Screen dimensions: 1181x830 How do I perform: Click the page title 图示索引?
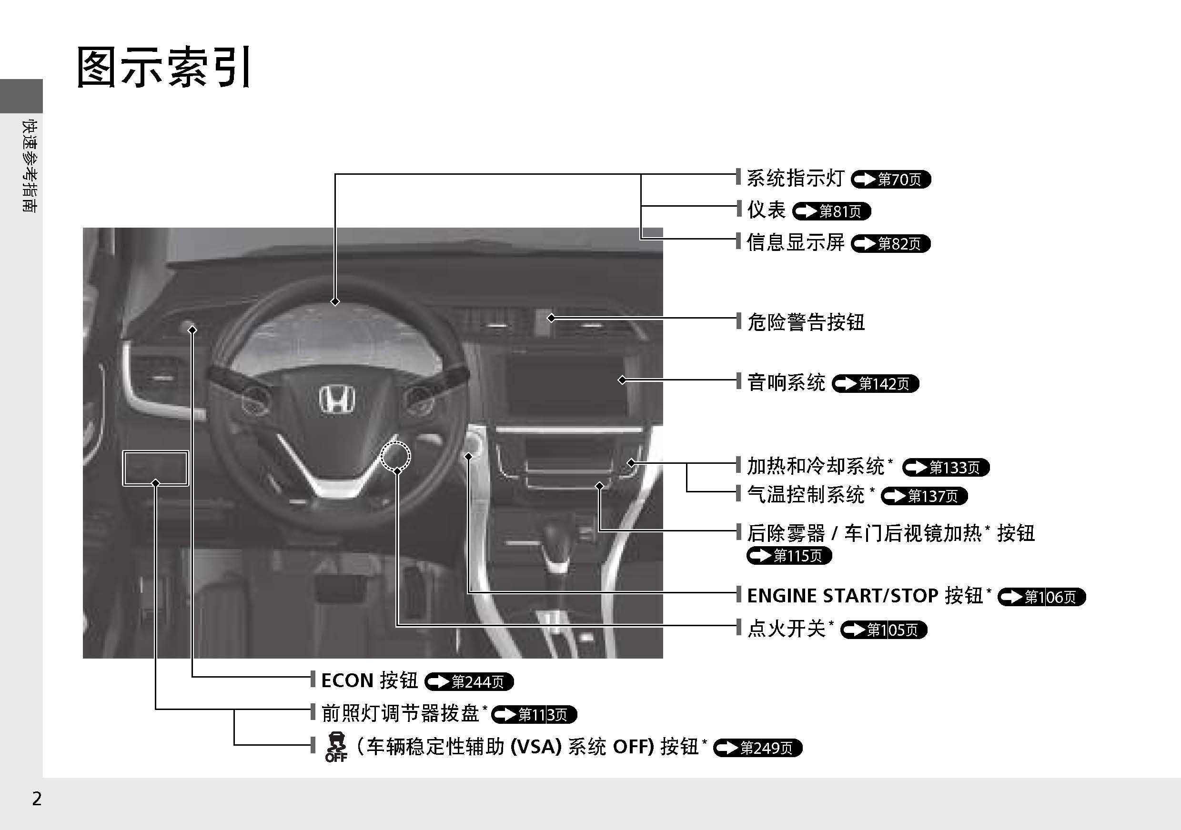pos(164,67)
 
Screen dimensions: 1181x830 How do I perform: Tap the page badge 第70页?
pos(891,179)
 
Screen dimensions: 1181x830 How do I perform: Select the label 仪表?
pos(767,210)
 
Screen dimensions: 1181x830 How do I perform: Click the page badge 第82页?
pos(891,243)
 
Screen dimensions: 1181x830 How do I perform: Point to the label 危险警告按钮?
pos(806,322)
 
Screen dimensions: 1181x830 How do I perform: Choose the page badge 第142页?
pos(875,384)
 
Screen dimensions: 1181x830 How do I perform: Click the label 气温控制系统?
pos(806,495)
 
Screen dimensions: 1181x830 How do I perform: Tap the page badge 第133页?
pos(947,467)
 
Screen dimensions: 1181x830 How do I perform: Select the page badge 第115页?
pos(789,555)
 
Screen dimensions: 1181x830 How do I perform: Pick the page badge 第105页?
pos(884,630)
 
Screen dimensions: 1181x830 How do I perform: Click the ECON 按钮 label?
pos(369,680)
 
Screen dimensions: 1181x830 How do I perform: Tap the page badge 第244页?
pos(469,682)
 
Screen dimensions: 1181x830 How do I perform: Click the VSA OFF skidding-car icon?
pos(336,746)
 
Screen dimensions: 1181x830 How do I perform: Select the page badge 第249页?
pos(757,748)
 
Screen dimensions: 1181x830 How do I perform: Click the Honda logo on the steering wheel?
pos(337,399)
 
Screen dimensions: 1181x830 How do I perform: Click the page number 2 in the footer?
pos(37,799)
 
